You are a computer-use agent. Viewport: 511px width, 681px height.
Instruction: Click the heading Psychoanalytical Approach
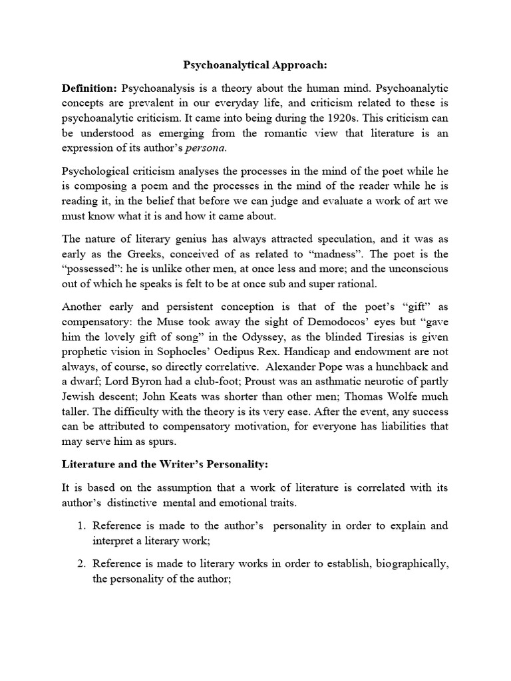(x=255, y=66)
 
